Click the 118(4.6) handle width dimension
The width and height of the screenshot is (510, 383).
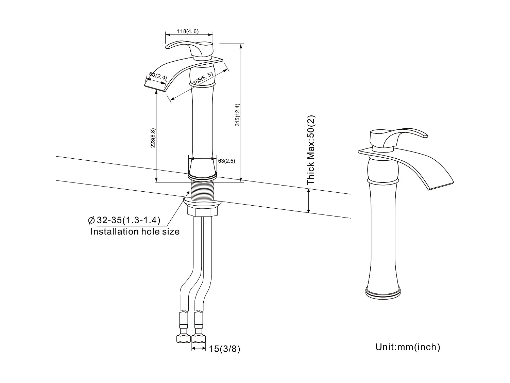187,32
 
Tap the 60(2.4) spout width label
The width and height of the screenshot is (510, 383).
158,76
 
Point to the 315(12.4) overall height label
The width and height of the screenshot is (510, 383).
238,115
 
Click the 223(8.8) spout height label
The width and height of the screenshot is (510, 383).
153,138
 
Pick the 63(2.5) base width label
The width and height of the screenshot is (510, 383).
226,161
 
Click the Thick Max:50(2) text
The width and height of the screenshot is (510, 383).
311,150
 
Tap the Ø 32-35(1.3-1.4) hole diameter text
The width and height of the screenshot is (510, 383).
124,220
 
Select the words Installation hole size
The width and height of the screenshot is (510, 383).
135,232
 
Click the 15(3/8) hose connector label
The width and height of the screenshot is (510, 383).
225,349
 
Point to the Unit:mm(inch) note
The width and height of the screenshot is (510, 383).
408,347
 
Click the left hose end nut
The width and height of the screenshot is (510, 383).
183,338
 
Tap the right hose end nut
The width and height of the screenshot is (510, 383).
199,338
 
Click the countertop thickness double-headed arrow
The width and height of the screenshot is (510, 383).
309,201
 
